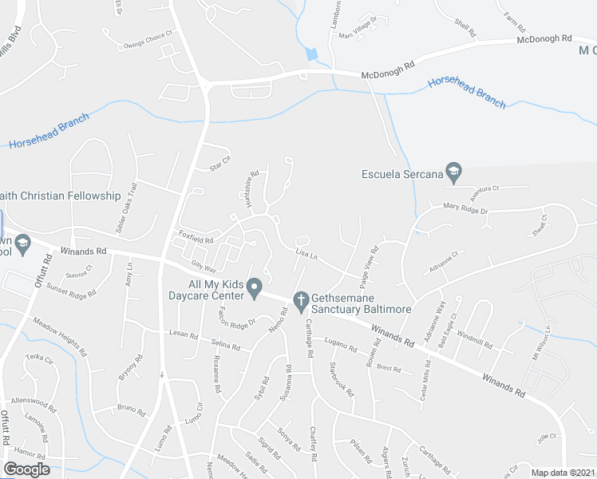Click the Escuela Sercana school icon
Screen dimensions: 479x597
[453, 171]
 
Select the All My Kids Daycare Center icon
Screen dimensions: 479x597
[254, 287]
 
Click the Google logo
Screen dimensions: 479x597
[26, 469]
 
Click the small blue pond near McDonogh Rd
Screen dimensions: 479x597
[311, 54]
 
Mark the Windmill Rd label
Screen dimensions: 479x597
[476, 339]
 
